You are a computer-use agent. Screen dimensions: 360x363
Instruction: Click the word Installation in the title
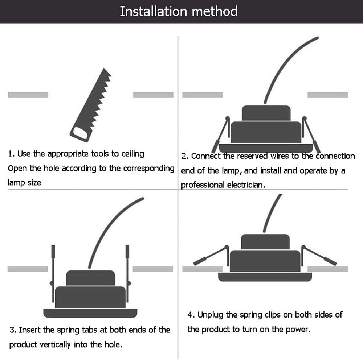(x=148, y=11)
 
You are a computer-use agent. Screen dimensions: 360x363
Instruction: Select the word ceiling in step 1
(x=132, y=154)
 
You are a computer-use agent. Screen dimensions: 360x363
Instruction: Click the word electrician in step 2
(x=246, y=185)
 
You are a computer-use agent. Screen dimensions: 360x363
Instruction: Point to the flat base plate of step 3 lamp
(x=90, y=313)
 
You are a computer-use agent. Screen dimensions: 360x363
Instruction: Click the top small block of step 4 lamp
(x=265, y=242)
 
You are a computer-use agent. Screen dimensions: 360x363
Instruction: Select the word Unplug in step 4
(x=211, y=315)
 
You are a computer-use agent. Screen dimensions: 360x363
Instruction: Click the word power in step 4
(x=300, y=330)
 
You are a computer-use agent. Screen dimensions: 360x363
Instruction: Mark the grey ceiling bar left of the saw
(x=28, y=95)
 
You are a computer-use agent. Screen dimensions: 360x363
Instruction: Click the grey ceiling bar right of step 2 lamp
(x=327, y=95)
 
